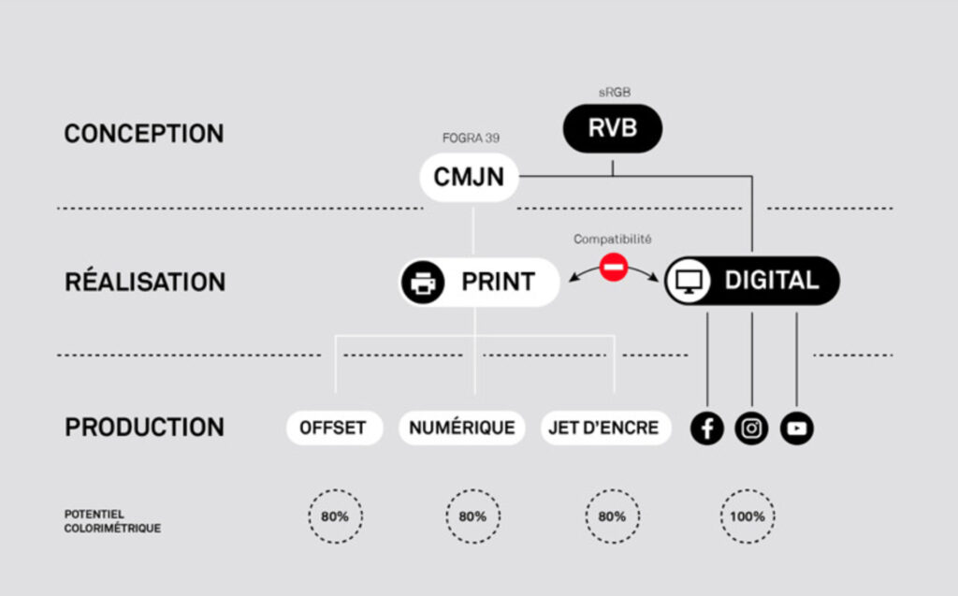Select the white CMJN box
(469, 177)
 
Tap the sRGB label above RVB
(613, 94)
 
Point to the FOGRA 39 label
(471, 138)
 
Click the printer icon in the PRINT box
(423, 282)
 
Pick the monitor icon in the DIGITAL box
(689, 281)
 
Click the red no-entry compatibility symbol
(613, 268)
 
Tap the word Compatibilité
(613, 240)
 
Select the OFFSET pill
(333, 429)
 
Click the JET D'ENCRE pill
(606, 429)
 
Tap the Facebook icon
(707, 429)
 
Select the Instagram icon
(752, 429)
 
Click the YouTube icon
(797, 429)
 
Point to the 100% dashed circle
(748, 516)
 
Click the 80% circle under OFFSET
(335, 516)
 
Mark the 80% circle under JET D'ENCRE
(612, 516)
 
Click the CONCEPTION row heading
(144, 134)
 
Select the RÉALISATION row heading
(145, 282)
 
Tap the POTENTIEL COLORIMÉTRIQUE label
(112, 521)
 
